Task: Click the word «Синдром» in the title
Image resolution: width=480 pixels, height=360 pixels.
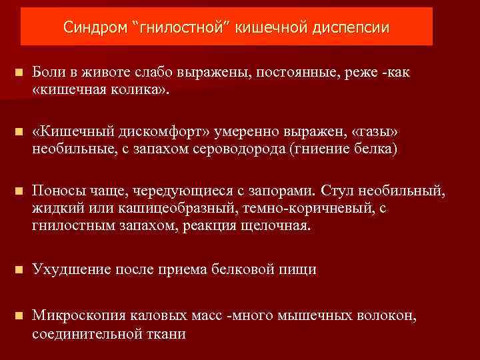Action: pos(94,28)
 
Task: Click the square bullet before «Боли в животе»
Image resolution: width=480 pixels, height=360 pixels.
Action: pos(18,73)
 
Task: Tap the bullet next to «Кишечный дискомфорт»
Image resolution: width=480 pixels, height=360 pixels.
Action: pos(18,133)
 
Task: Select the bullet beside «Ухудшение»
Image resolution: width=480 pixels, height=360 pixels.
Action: pos(18,269)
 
